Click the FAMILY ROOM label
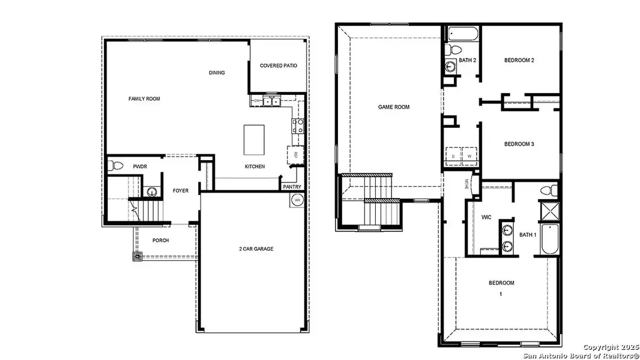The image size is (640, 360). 144,98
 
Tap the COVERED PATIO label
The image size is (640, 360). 278,65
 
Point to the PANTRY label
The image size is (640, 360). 292,187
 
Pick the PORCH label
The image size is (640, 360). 160,241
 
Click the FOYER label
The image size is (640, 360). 181,191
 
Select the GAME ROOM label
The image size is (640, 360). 394,107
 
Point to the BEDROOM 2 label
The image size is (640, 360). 519,60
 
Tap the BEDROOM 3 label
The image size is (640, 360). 519,144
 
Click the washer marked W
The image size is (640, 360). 469,155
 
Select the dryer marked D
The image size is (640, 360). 453,155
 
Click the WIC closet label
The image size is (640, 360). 486,217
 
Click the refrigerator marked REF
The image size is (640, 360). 296,154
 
